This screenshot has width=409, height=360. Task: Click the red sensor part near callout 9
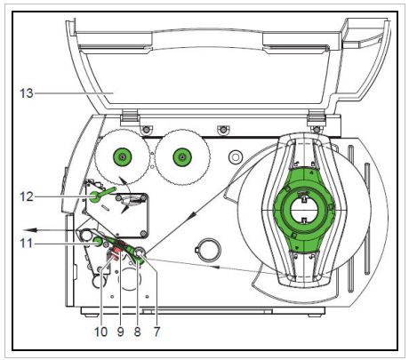115,256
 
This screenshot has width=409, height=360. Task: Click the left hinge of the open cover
127,116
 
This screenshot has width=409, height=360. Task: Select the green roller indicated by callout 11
97,237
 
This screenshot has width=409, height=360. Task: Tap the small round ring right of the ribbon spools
235,157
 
